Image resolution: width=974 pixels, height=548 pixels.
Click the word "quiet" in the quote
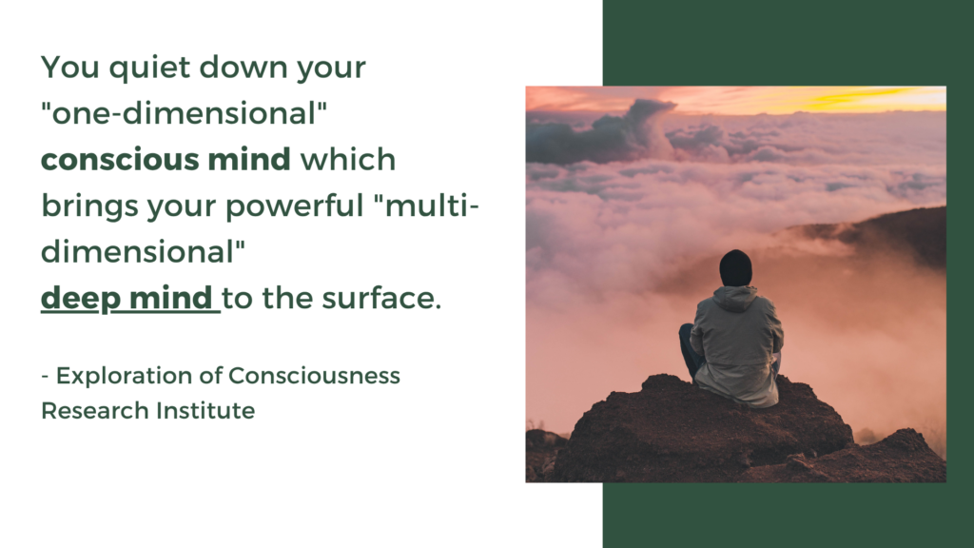pos(130,69)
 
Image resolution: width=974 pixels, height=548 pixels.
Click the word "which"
pos(348,160)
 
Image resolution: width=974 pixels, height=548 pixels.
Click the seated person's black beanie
pos(735,267)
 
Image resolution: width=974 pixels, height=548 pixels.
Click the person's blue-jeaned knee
pos(686,335)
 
